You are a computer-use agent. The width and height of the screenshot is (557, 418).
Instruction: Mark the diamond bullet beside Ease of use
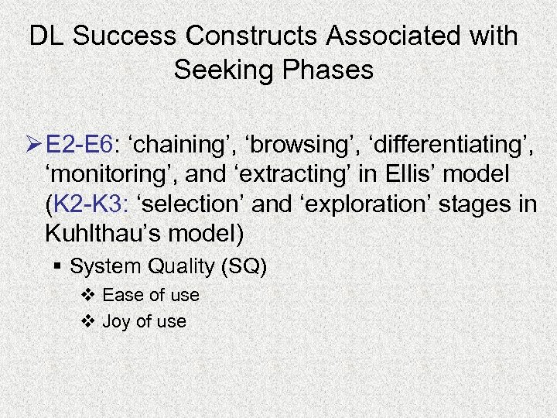(89, 295)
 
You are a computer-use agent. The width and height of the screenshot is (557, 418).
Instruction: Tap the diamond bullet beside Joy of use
(89, 321)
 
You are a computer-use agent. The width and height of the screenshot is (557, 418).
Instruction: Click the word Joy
(116, 322)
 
